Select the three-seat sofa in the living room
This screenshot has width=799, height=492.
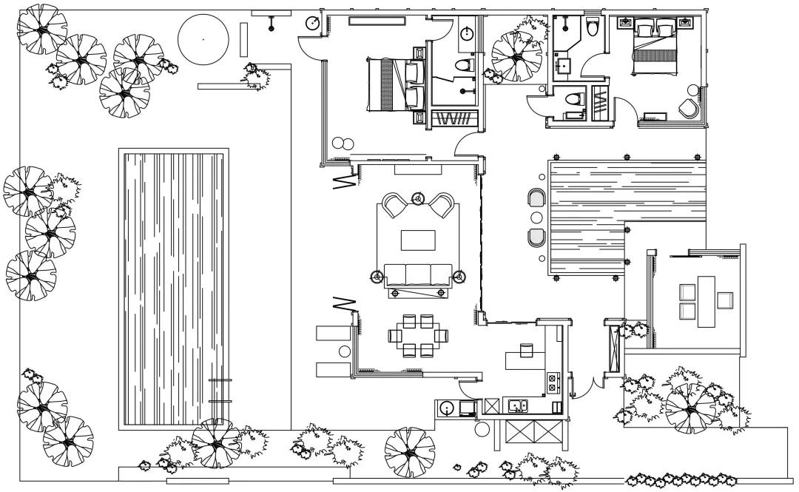(417, 274)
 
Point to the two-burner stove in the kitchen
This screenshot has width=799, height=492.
(551, 383)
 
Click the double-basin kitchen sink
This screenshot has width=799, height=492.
(516, 405)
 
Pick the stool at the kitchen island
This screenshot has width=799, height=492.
(527, 349)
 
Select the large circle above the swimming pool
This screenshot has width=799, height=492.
(203, 38)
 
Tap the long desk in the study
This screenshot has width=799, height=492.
(706, 301)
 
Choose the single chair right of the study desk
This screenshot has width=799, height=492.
(724, 300)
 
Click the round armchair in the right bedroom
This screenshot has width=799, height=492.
(690, 108)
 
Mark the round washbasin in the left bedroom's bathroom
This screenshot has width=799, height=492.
(468, 33)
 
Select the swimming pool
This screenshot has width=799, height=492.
(173, 289)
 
